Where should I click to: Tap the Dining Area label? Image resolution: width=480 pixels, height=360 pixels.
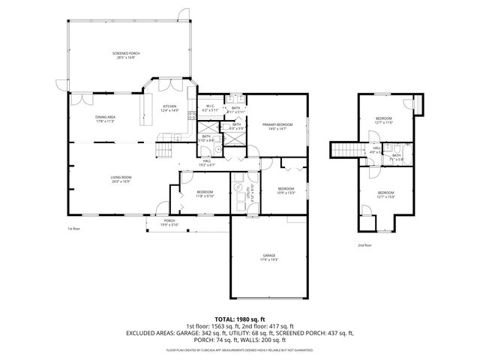coord(105,118)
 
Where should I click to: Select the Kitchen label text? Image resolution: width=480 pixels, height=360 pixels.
coord(170,107)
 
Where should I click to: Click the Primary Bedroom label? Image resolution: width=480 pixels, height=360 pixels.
coord(277,126)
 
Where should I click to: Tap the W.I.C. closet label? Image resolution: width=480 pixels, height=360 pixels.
coord(211,107)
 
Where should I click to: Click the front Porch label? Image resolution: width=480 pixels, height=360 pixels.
coord(169,221)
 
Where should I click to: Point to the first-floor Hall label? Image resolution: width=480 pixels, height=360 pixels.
coord(207,162)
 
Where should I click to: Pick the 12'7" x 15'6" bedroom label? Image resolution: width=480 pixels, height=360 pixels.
coord(385,194)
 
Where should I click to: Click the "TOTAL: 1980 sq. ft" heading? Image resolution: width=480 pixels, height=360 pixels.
coord(239,319)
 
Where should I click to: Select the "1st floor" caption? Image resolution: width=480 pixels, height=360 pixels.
coord(73,228)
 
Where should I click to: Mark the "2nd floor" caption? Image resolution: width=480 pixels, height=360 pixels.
coord(364,244)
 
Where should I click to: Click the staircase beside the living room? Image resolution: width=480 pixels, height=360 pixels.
coord(163,151)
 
